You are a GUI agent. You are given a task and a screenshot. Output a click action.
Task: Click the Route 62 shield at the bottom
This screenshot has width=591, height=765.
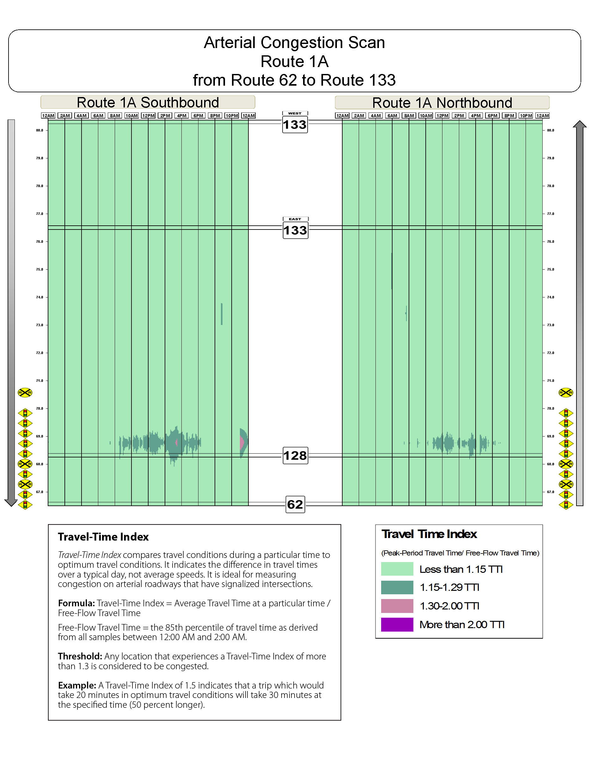click(x=295, y=505)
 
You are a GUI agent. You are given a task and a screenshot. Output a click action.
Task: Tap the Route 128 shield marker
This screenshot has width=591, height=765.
click(x=295, y=455)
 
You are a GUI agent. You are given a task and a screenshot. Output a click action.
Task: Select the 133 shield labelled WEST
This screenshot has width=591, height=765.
click(x=295, y=124)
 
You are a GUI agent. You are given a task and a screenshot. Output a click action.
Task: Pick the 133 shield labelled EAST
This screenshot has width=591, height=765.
click(x=295, y=230)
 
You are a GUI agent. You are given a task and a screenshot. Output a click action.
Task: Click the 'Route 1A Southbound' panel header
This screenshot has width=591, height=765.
click(x=148, y=103)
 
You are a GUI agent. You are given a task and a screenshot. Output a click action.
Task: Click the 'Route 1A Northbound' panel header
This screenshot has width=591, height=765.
click(x=442, y=103)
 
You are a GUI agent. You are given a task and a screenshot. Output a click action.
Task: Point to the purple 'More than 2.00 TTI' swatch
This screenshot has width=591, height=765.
click(x=397, y=625)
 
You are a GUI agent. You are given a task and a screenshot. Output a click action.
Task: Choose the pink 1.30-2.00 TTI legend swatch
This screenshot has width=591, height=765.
click(x=397, y=606)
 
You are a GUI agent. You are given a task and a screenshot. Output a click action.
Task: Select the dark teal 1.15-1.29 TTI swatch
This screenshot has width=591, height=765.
click(x=397, y=587)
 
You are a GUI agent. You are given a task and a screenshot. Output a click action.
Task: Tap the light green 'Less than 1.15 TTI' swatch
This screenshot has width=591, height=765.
click(x=397, y=569)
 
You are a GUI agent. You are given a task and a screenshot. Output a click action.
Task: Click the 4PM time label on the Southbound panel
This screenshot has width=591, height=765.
click(x=181, y=116)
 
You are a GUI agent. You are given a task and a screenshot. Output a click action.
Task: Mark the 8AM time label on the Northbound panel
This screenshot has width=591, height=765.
click(x=409, y=116)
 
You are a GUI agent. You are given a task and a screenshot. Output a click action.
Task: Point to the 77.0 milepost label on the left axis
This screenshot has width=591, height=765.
click(x=40, y=214)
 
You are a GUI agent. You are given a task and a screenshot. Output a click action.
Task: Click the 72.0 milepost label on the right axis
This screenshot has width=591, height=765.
click(x=551, y=353)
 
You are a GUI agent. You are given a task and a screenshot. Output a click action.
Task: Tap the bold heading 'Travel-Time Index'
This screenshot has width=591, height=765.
click(x=103, y=537)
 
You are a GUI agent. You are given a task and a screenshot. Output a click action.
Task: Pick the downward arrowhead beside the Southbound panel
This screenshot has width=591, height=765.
click(x=11, y=503)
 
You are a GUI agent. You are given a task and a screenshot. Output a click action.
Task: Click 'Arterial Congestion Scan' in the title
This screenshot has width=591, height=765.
click(x=295, y=43)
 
